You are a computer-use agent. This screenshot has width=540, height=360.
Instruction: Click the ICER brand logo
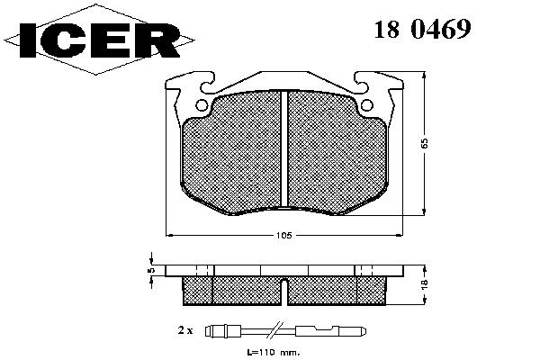coord(99,40)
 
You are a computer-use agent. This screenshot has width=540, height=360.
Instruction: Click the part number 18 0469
coord(423,29)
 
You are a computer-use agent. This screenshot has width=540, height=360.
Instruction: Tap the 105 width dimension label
coord(284,236)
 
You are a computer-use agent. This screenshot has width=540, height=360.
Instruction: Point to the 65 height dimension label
coord(425,143)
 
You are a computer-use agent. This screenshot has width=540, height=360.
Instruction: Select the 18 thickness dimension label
coord(424,283)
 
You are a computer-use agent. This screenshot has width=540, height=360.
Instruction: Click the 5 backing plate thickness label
coord(151,270)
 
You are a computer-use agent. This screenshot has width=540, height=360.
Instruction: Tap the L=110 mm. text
coord(273,353)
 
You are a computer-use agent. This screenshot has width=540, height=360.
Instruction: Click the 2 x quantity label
coord(185,330)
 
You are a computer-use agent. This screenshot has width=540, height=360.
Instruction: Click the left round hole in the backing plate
coord(202,105)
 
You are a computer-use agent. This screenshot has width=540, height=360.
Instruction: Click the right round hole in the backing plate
coord(367,105)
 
